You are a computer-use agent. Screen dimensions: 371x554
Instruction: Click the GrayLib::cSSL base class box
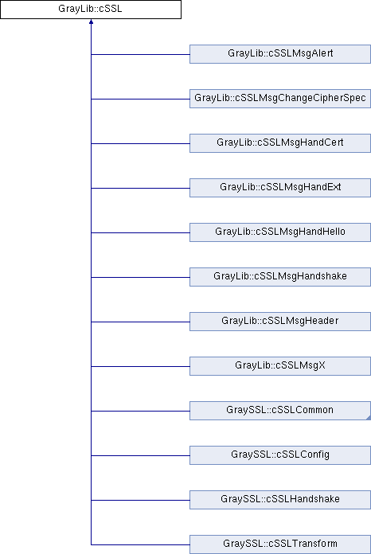coord(91,10)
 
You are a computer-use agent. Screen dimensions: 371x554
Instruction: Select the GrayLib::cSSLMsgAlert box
coord(280,54)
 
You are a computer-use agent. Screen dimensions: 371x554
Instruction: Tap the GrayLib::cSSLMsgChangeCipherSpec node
coord(280,99)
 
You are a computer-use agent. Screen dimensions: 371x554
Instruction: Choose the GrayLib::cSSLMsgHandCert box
coord(280,143)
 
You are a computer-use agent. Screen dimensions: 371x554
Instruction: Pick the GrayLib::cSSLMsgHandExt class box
coord(280,188)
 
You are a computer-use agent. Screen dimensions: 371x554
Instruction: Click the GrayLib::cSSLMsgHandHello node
coord(280,232)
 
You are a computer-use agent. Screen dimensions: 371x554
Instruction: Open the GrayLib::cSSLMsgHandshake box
coord(280,277)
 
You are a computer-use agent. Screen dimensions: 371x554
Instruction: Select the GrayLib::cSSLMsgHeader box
coord(280,321)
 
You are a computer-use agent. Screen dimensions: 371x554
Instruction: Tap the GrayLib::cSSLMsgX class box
coord(280,365)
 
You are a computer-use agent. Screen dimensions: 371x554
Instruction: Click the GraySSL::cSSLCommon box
coord(280,411)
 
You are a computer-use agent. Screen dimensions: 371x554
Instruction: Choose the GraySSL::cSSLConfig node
coord(280,455)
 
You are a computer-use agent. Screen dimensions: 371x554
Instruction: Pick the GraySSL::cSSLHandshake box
coord(280,500)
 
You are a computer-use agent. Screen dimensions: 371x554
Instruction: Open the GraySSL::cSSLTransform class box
coord(280,544)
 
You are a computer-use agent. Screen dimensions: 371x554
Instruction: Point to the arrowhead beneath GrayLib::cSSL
coord(92,22)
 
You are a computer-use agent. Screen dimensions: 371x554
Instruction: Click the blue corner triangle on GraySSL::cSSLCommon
coord(369,418)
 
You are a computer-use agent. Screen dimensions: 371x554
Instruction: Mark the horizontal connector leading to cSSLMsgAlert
coord(140,54)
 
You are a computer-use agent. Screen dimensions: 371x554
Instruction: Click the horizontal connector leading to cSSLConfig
coord(140,455)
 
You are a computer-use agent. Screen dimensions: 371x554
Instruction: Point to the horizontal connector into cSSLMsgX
coord(140,366)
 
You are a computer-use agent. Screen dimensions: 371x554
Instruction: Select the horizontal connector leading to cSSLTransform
coord(140,544)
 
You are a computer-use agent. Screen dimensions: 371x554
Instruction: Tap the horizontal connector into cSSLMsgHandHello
coord(140,232)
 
